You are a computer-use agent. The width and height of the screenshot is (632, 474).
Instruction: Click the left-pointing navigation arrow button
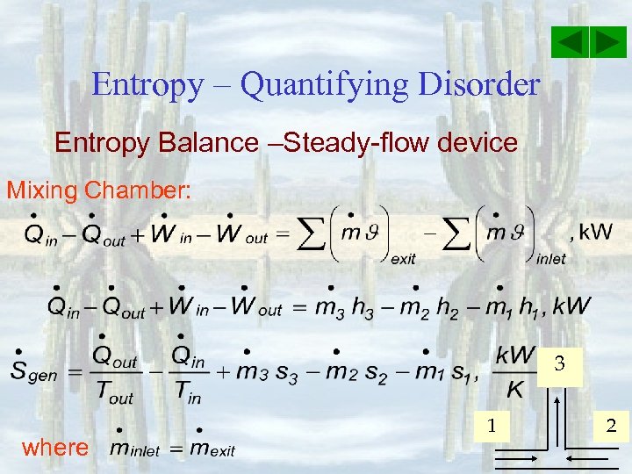(x=571, y=42)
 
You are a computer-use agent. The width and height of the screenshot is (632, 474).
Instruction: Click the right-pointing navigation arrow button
(x=607, y=42)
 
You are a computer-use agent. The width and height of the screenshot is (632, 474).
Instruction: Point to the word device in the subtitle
(x=478, y=142)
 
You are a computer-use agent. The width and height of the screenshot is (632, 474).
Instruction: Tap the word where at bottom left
(x=55, y=448)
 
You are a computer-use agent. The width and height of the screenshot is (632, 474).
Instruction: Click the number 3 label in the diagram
(x=559, y=363)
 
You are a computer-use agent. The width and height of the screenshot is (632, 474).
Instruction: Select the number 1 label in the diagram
(x=492, y=426)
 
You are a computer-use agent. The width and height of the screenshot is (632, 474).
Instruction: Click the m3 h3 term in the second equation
(x=346, y=307)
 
